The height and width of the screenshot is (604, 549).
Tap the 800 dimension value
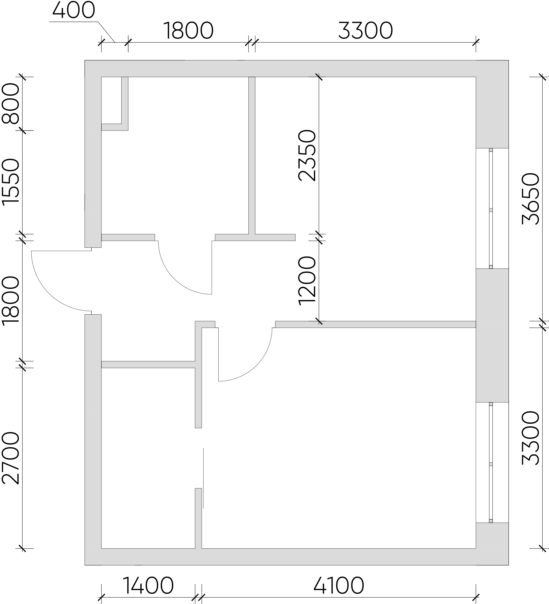coord(10,103)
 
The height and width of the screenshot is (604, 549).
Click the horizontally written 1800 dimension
coord(188,31)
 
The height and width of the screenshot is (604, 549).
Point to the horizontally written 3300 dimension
coord(365,31)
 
